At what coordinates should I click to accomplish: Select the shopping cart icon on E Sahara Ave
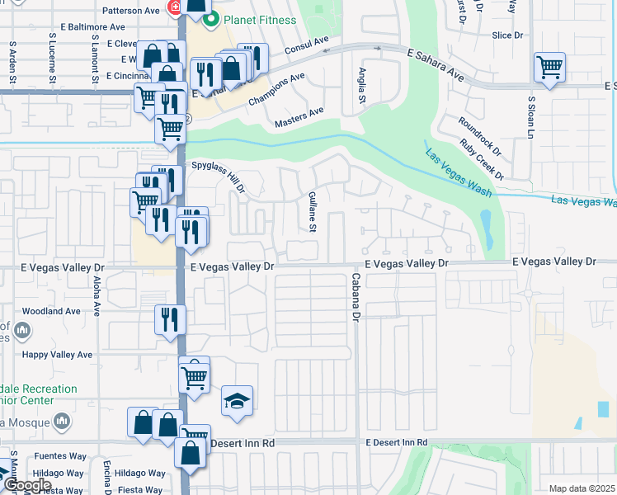tap(549, 67)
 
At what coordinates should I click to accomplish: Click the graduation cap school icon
tap(237, 401)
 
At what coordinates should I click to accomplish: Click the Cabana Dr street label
tap(356, 297)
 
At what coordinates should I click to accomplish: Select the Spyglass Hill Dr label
tap(219, 177)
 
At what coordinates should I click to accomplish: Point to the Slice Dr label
tap(507, 35)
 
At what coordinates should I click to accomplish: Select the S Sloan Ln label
tap(531, 121)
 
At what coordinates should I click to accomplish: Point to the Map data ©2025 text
tap(582, 488)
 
